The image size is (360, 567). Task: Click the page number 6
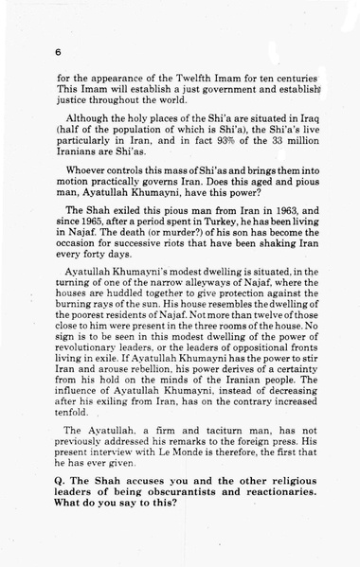coord(58,52)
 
